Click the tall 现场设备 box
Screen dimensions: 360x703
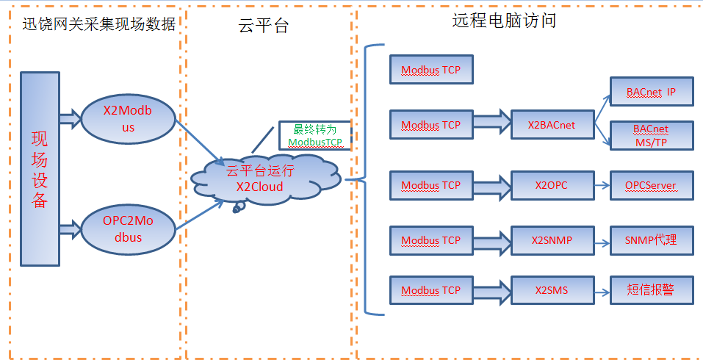point(40,168)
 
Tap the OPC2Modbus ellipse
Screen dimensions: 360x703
point(128,229)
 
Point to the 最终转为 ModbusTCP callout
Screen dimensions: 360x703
point(314,135)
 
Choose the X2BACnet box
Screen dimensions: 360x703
point(551,126)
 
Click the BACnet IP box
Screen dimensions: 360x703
point(650,93)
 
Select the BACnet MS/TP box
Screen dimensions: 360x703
point(650,135)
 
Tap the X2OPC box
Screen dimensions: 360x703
point(551,186)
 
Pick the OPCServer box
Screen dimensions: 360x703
point(651,186)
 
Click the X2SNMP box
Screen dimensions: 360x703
point(551,240)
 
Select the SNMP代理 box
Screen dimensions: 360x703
point(651,240)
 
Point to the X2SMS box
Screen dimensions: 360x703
point(551,290)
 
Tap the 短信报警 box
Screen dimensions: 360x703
point(651,290)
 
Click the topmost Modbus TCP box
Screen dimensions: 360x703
point(430,70)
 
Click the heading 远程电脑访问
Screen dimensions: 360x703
point(503,21)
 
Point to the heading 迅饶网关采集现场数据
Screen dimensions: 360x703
point(97,24)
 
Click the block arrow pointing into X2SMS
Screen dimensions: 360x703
point(491,290)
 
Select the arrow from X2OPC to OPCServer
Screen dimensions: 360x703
point(600,186)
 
